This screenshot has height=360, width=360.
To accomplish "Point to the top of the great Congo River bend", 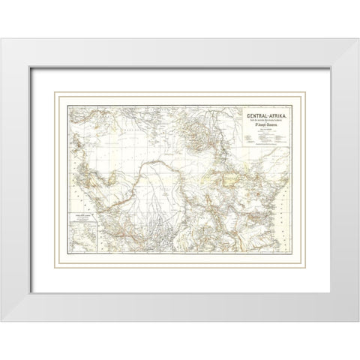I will click(161, 158).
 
